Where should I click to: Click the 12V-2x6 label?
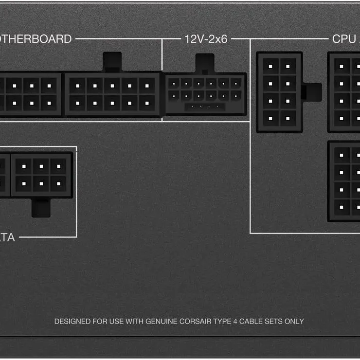pos(206,39)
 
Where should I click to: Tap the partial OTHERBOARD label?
pos(36,39)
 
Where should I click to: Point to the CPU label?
pos(343,39)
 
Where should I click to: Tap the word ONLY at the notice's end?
pos(294,321)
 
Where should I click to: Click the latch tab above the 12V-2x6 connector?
pos(205,63)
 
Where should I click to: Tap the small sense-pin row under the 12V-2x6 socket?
pos(205,106)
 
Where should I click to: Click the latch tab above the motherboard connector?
pos(112,62)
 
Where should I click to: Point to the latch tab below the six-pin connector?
pos(41,207)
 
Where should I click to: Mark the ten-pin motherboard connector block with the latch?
pos(112,94)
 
